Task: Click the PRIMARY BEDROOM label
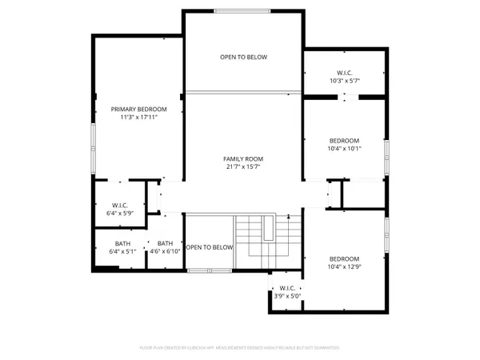point(138,109)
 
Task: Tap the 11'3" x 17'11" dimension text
point(138,117)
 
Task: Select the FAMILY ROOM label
point(242,158)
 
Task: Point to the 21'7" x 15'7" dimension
point(242,166)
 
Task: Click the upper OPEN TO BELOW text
point(244,58)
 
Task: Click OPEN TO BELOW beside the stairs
point(210,247)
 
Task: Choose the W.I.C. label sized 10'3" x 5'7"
point(345,73)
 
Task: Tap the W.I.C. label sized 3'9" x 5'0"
point(287,288)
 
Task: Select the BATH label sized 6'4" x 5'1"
point(122,243)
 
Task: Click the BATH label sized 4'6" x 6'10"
point(166,243)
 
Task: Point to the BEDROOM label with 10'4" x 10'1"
point(345,140)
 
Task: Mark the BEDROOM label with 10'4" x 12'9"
point(345,258)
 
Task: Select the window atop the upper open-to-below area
point(243,10)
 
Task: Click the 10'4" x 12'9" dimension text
point(345,266)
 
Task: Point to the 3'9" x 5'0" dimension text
point(287,296)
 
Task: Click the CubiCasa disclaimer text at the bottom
point(240,348)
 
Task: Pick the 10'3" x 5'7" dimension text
point(345,81)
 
